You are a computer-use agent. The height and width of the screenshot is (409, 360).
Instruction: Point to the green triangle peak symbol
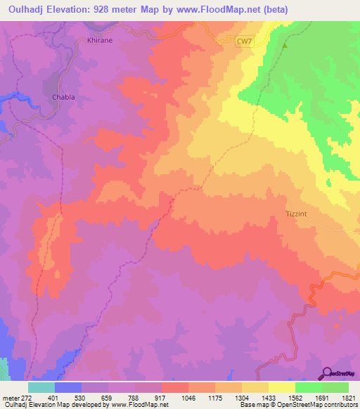(x=285, y=46)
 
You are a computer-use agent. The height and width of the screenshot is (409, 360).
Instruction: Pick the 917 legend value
(x=161, y=397)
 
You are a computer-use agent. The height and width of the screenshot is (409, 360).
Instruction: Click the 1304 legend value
(x=241, y=397)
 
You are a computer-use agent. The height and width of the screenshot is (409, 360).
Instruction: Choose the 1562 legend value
(x=294, y=397)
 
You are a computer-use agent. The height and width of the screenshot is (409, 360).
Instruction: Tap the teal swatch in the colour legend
(x=41, y=387)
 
